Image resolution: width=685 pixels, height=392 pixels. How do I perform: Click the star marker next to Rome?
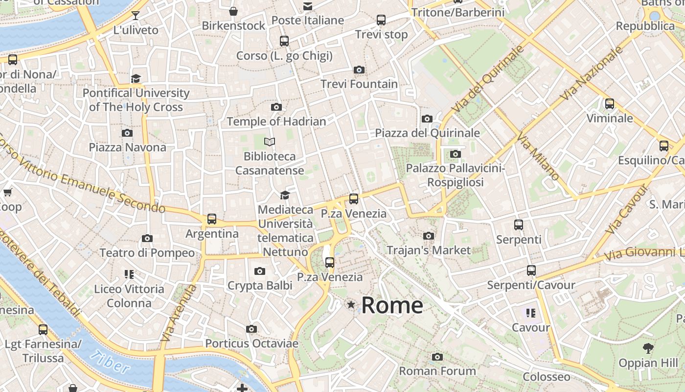click(351, 305)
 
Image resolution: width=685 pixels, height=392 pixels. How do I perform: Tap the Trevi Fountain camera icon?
click(359, 70)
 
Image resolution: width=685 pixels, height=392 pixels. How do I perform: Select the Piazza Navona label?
click(127, 147)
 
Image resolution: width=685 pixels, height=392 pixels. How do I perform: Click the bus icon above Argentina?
click(211, 219)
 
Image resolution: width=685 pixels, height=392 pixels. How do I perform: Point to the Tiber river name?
click(111, 362)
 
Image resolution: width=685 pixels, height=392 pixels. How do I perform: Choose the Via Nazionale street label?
click(592, 73)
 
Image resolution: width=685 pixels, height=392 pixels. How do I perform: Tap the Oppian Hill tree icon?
click(648, 348)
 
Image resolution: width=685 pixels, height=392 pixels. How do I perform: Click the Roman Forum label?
click(437, 371)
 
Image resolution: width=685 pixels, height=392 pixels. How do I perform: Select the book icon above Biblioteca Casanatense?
click(270, 142)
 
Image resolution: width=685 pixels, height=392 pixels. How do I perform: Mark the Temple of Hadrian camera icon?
click(276, 107)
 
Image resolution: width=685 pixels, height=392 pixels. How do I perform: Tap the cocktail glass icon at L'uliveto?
click(136, 16)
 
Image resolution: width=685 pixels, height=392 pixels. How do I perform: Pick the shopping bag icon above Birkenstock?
click(233, 11)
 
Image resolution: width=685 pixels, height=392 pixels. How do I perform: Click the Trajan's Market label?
click(429, 250)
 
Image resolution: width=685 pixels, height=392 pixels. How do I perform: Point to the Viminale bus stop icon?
click(609, 104)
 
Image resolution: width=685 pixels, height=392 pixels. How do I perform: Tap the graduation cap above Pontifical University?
click(136, 78)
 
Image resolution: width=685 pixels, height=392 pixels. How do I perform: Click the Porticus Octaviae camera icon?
click(251, 329)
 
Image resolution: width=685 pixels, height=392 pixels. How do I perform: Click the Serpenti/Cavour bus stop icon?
click(531, 270)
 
